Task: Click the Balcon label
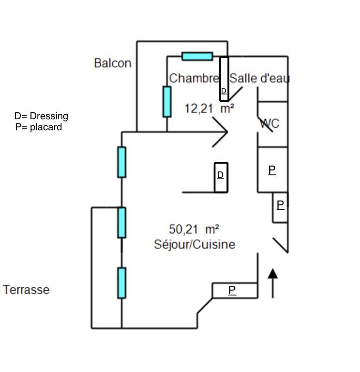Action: click(113, 63)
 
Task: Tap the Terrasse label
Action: click(26, 290)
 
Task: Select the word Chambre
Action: click(194, 78)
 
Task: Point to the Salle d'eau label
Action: click(259, 78)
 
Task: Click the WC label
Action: click(270, 124)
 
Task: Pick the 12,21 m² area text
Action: click(209, 108)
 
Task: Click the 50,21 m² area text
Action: click(194, 230)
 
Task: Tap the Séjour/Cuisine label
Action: click(195, 245)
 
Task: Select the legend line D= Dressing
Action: click(41, 116)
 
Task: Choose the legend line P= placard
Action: click(39, 127)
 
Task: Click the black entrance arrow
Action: click(273, 283)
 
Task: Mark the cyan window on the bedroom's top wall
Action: click(197, 57)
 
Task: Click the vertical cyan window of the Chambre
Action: click(167, 102)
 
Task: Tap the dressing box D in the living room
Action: click(221, 177)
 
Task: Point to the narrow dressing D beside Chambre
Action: click(224, 79)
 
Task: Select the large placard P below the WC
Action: click(272, 170)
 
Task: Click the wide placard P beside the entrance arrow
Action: click(235, 291)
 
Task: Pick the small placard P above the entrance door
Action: click(280, 207)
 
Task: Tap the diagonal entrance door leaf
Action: click(281, 245)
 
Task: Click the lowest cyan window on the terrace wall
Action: click(121, 283)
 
